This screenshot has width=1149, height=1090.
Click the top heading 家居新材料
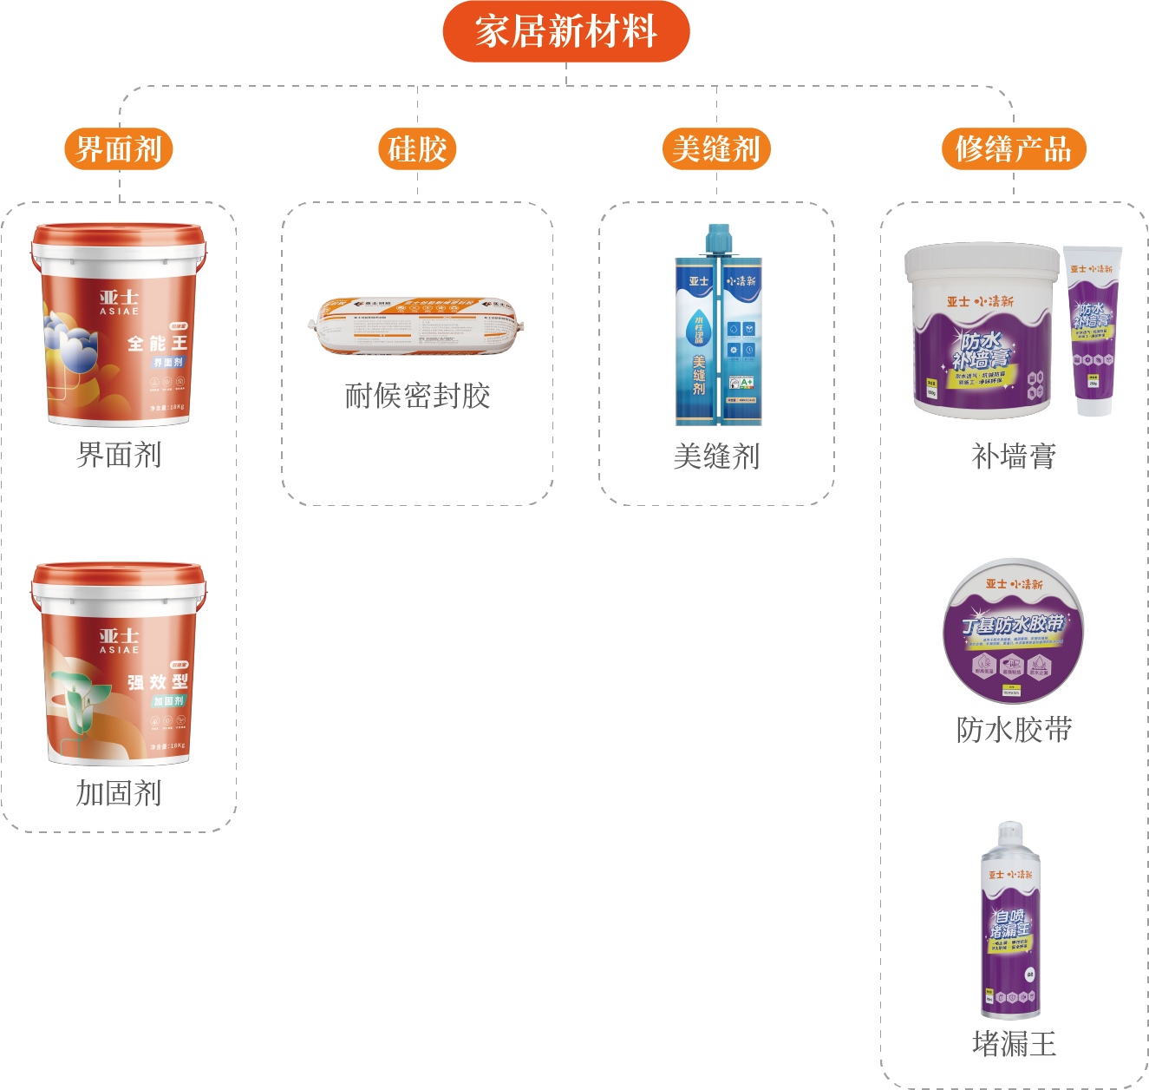[565, 31]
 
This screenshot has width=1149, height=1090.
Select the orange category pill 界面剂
[119, 148]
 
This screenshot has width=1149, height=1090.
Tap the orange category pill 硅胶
[417, 148]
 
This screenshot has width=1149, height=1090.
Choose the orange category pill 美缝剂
[716, 148]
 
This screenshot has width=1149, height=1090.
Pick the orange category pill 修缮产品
[1013, 148]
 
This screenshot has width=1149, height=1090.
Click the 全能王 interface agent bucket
[119, 325]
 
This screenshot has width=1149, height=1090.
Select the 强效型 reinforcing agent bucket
[119, 664]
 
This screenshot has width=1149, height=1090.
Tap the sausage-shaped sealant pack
[417, 326]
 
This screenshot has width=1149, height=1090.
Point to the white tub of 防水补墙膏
[981, 330]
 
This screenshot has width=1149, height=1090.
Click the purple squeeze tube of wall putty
[1093, 330]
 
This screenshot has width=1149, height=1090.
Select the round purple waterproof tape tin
[1013, 631]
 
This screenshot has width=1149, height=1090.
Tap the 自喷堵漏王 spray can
[1010, 920]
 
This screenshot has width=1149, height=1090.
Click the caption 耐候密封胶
[417, 396]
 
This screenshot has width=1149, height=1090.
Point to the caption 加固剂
[119, 793]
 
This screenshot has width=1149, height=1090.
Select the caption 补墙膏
[1013, 456]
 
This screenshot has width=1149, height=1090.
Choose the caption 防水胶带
[1013, 730]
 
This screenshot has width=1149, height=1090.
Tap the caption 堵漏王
[1013, 1043]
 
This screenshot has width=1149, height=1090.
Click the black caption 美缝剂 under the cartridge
[716, 456]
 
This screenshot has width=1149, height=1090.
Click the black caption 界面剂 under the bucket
[119, 455]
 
